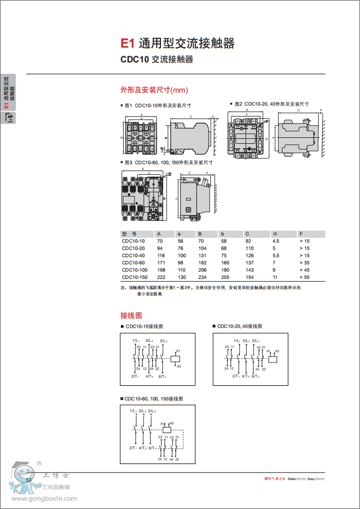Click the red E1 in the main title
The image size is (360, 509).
[127, 43]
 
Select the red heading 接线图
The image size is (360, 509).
[131, 315]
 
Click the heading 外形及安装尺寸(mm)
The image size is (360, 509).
[153, 90]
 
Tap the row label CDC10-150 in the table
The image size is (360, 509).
[134, 277]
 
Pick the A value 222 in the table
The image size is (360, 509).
[161, 277]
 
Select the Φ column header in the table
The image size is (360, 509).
[274, 234]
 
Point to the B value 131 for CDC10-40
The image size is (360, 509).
[202, 255]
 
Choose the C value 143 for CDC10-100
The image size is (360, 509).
[249, 270]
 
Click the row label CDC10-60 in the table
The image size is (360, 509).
[133, 263]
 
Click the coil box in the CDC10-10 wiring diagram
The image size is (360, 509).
[176, 358]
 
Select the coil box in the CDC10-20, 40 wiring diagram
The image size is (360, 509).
[272, 358]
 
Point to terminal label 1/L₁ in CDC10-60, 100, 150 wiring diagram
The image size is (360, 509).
[133, 411]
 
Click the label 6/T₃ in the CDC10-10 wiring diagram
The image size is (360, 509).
[163, 376]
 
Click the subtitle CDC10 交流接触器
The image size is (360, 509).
[156, 60]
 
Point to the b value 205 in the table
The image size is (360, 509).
[225, 277]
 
